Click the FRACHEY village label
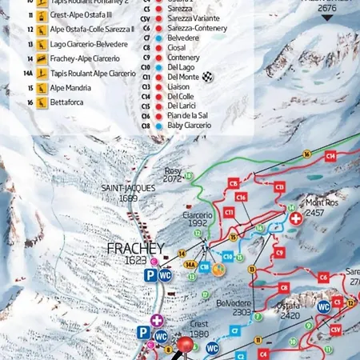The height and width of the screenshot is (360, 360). (135, 249)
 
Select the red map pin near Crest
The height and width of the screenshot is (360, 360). (186, 345)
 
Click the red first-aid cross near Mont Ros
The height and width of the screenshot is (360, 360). (296, 218)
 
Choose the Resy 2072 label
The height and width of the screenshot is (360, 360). (173, 174)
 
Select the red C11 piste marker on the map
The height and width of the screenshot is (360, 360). (229, 212)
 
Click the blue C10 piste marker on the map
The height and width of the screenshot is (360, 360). (229, 256)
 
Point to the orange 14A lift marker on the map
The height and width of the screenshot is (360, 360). (190, 264)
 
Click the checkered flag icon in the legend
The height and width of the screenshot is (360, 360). (208, 76)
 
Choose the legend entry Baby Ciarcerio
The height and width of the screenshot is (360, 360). (189, 125)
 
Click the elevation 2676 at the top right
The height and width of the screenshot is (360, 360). (326, 9)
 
